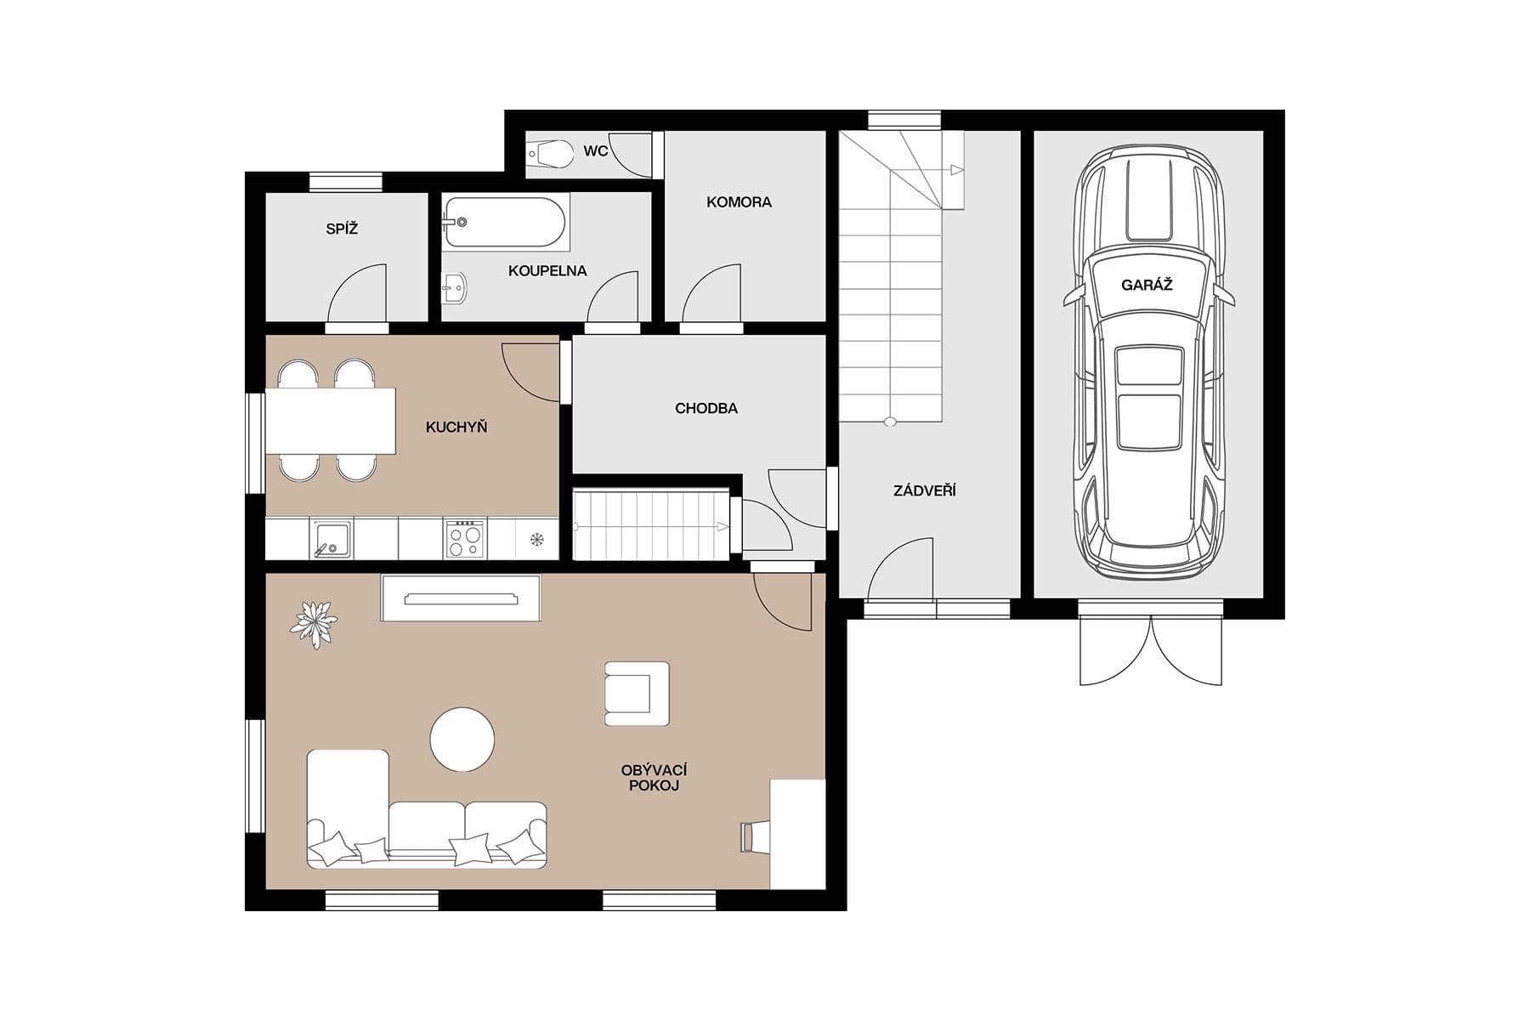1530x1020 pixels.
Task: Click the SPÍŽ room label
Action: pyautogui.click(x=342, y=229)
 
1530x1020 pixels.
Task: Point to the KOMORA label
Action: pyautogui.click(x=739, y=202)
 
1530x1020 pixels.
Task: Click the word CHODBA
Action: pyautogui.click(x=705, y=409)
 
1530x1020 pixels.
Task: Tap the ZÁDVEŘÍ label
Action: pyautogui.click(x=924, y=490)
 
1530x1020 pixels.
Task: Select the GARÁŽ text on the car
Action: pyautogui.click(x=1146, y=286)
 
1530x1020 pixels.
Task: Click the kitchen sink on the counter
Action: pyautogui.click(x=331, y=539)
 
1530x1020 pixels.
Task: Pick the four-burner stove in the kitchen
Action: pyautogui.click(x=464, y=540)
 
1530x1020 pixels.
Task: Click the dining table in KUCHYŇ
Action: pyautogui.click(x=331, y=421)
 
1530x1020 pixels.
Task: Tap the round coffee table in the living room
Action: pyautogui.click(x=462, y=739)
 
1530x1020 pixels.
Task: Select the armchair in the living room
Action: pyautogui.click(x=636, y=694)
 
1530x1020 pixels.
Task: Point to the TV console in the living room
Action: pyautogui.click(x=461, y=598)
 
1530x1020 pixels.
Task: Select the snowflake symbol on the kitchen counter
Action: pyautogui.click(x=536, y=539)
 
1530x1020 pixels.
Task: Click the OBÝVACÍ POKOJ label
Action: pyautogui.click(x=654, y=778)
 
